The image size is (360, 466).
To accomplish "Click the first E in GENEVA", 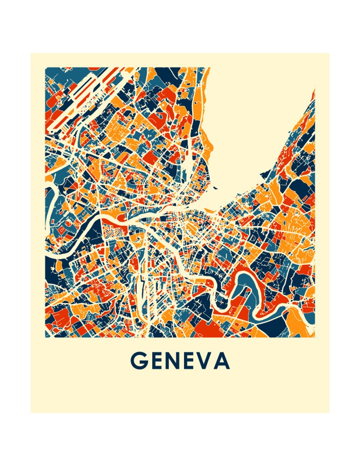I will coord(157,361).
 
